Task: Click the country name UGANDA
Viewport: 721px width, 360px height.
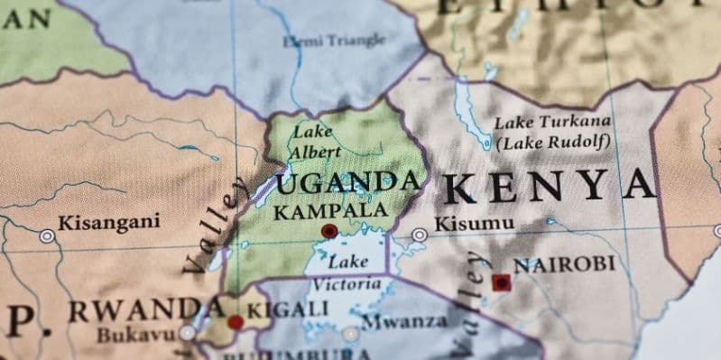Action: coord(348,184)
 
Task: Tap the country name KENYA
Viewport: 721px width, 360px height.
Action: coord(550,187)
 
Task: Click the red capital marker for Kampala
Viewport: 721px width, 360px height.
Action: coord(329,232)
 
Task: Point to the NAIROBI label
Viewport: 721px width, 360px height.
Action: coord(564,265)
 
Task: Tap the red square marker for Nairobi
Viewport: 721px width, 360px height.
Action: coord(500,282)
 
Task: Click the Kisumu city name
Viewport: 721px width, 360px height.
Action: coord(474,224)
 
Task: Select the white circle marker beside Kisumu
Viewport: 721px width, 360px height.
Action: coord(420,235)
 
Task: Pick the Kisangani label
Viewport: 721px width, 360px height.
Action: coord(108,222)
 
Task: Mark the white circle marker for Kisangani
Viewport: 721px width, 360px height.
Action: coord(46,236)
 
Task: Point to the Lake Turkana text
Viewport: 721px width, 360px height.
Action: coord(552,122)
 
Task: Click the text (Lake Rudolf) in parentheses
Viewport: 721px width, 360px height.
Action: coord(552,143)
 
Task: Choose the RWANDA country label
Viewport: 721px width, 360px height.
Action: coord(135,311)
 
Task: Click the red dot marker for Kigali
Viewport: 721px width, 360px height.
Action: coord(236,322)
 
